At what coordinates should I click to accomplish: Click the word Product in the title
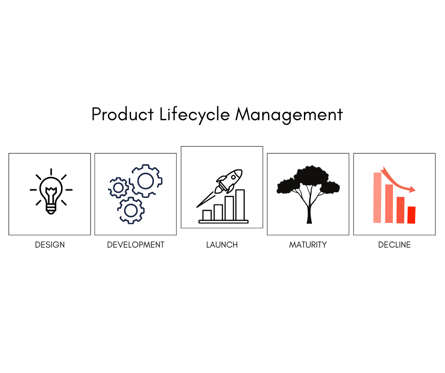point(123,114)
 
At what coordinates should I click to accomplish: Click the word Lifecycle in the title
point(195,115)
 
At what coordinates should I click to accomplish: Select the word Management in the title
point(289,115)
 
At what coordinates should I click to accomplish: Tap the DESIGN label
point(50,245)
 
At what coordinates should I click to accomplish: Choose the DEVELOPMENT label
point(136,245)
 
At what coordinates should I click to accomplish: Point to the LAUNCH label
point(222,245)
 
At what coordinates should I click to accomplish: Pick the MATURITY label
point(308,245)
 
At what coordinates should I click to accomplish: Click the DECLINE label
point(394,245)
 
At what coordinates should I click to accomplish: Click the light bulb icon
point(51,191)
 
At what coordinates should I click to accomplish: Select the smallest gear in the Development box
point(118,187)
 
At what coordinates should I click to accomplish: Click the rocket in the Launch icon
point(229,181)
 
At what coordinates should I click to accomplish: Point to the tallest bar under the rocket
point(240,204)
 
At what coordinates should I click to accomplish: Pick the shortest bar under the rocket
point(207,215)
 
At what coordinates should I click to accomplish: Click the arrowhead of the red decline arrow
point(412,189)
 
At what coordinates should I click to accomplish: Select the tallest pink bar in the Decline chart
point(377,197)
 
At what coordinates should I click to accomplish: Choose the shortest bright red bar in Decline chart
point(411,215)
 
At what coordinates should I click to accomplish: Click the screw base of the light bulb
point(51,210)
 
